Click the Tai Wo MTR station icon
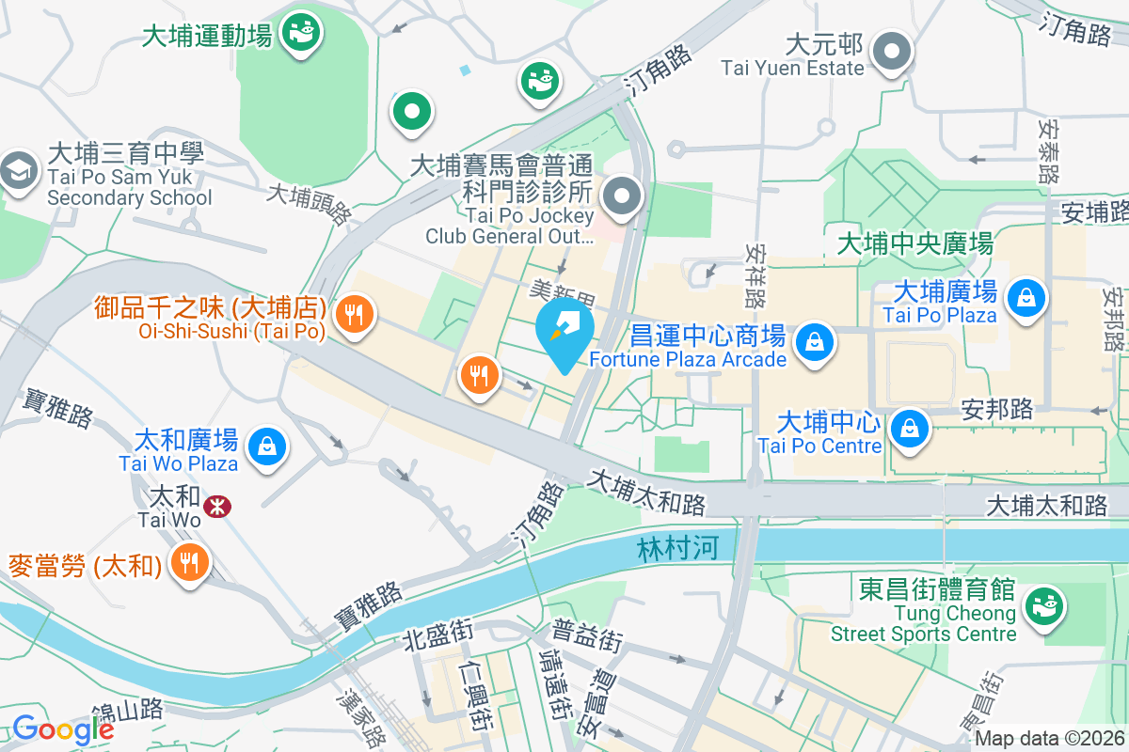(x=217, y=507)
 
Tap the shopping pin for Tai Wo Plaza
(x=268, y=443)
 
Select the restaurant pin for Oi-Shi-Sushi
(x=355, y=312)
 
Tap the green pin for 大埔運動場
(x=302, y=34)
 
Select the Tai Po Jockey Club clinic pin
(x=622, y=197)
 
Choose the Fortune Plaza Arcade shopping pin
(x=813, y=342)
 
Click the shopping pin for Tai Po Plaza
(x=1026, y=298)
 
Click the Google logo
(x=62, y=728)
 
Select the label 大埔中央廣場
(x=914, y=244)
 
